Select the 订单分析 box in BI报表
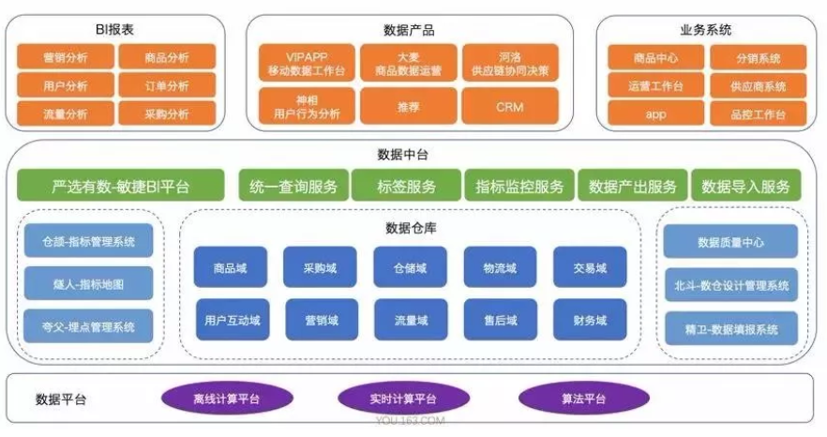pos(168,86)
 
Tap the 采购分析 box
pos(168,114)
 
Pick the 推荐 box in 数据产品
pos(409,107)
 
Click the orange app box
pos(654,114)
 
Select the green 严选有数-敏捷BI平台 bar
pos(121,186)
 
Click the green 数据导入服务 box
pos(746,186)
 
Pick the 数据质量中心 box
pos(730,242)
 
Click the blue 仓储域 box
pos(410,267)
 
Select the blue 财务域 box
pos(590,320)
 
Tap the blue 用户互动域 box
pos(231,320)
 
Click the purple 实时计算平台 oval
pos(400,399)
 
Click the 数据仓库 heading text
pos(409,227)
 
